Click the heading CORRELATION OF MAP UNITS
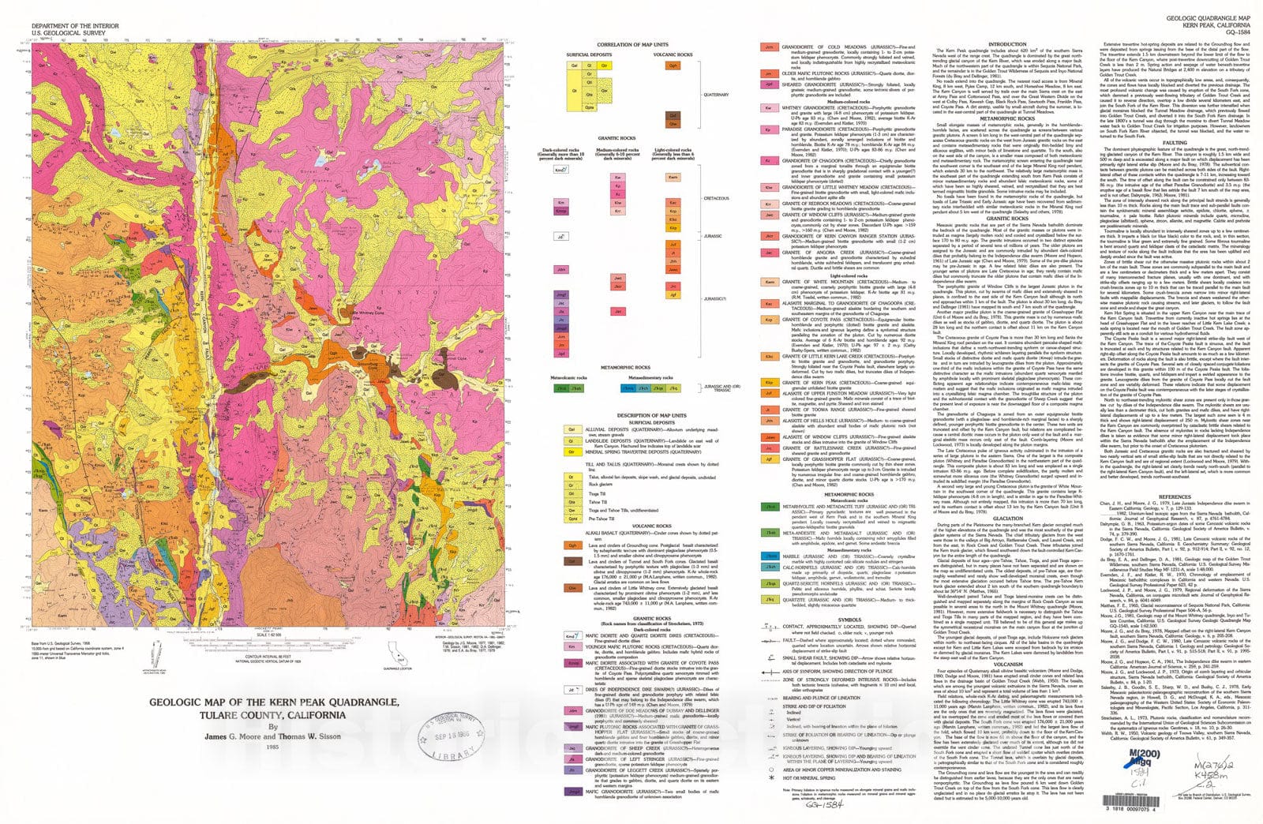[x=632, y=45]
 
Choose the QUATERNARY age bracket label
[x=717, y=95]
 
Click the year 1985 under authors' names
[x=272, y=747]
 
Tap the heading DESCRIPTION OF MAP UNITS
[x=632, y=415]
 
